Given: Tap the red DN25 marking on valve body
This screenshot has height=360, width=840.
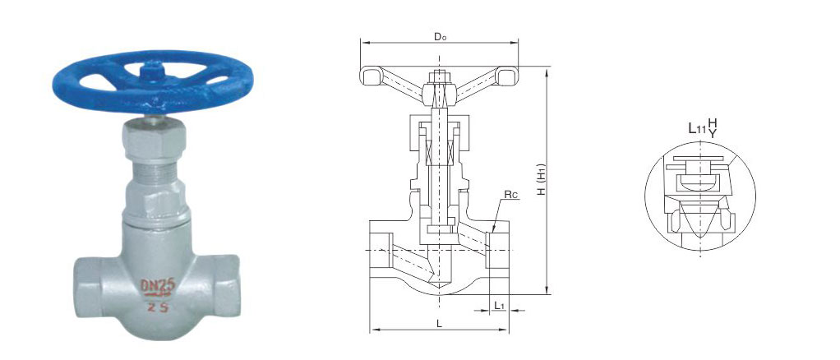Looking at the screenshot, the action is [x=158, y=286].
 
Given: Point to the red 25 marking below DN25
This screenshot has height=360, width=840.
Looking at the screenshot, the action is [x=158, y=307].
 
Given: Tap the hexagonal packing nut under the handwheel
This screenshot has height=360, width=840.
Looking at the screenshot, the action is [x=154, y=141].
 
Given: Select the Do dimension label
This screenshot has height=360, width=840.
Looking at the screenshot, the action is [x=440, y=36].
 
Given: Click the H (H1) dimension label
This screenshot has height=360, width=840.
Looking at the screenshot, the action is [x=542, y=179].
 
